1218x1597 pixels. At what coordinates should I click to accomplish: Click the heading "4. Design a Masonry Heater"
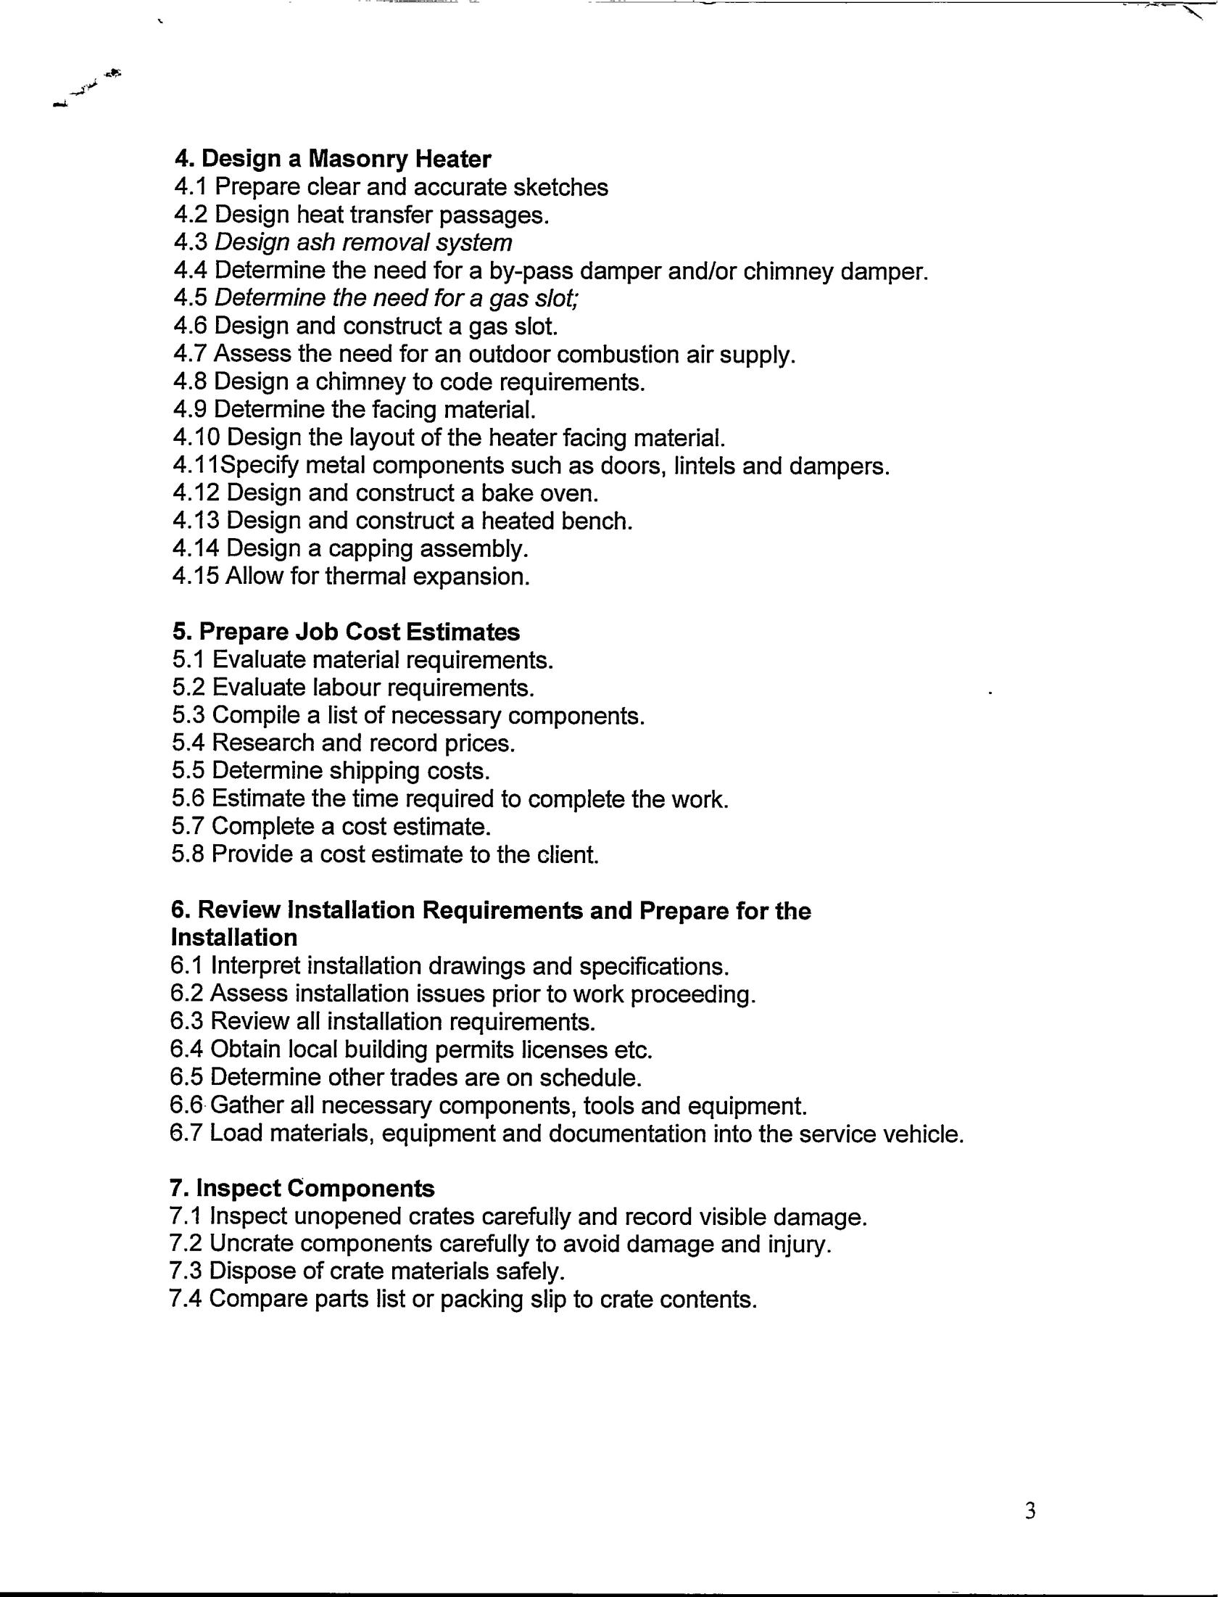(333, 158)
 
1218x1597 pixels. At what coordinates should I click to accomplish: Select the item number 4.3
(191, 242)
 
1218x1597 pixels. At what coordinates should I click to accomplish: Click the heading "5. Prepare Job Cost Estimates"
(346, 632)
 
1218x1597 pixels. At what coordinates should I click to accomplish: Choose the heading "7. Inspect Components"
(302, 1189)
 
